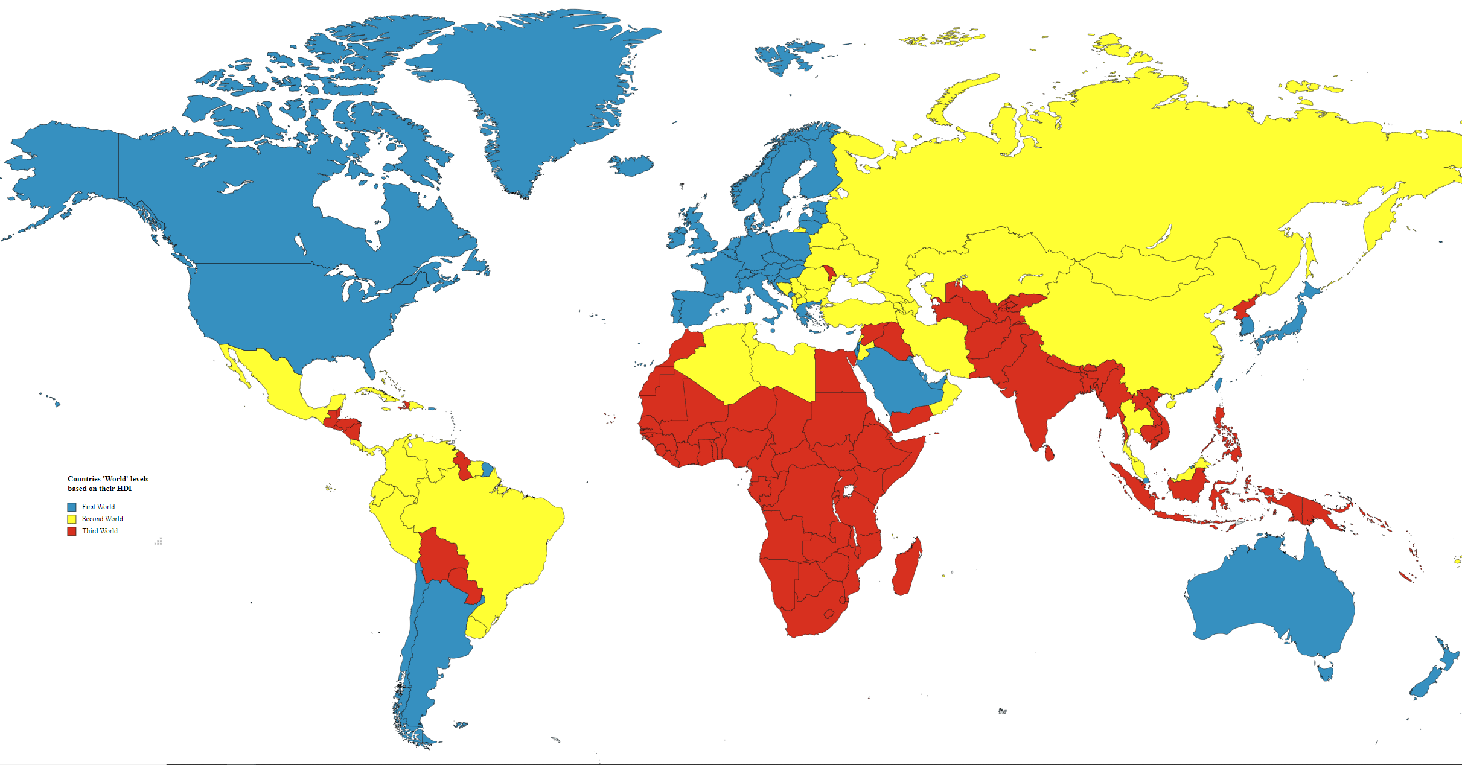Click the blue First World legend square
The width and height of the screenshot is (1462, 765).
[x=72, y=507]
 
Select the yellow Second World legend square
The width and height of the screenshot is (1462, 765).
[x=72, y=519]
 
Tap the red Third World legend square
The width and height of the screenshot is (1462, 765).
[x=72, y=531]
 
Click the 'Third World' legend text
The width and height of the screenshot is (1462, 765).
[x=100, y=531]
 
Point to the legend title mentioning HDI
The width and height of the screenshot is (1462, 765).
[x=107, y=483]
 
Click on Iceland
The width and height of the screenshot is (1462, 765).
[x=631, y=165]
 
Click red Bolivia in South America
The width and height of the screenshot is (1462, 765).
[x=444, y=558]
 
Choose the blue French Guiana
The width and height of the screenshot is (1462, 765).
[x=487, y=469]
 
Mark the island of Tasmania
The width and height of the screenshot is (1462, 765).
[x=1326, y=671]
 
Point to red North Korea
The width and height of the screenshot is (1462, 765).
[x=1245, y=308]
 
